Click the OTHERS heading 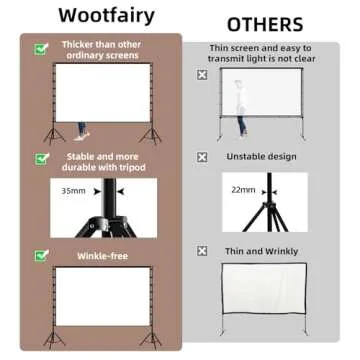point(266,24)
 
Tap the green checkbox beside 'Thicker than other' point(40,47)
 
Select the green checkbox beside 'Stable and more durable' point(40,157)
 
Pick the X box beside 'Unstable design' point(203,156)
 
